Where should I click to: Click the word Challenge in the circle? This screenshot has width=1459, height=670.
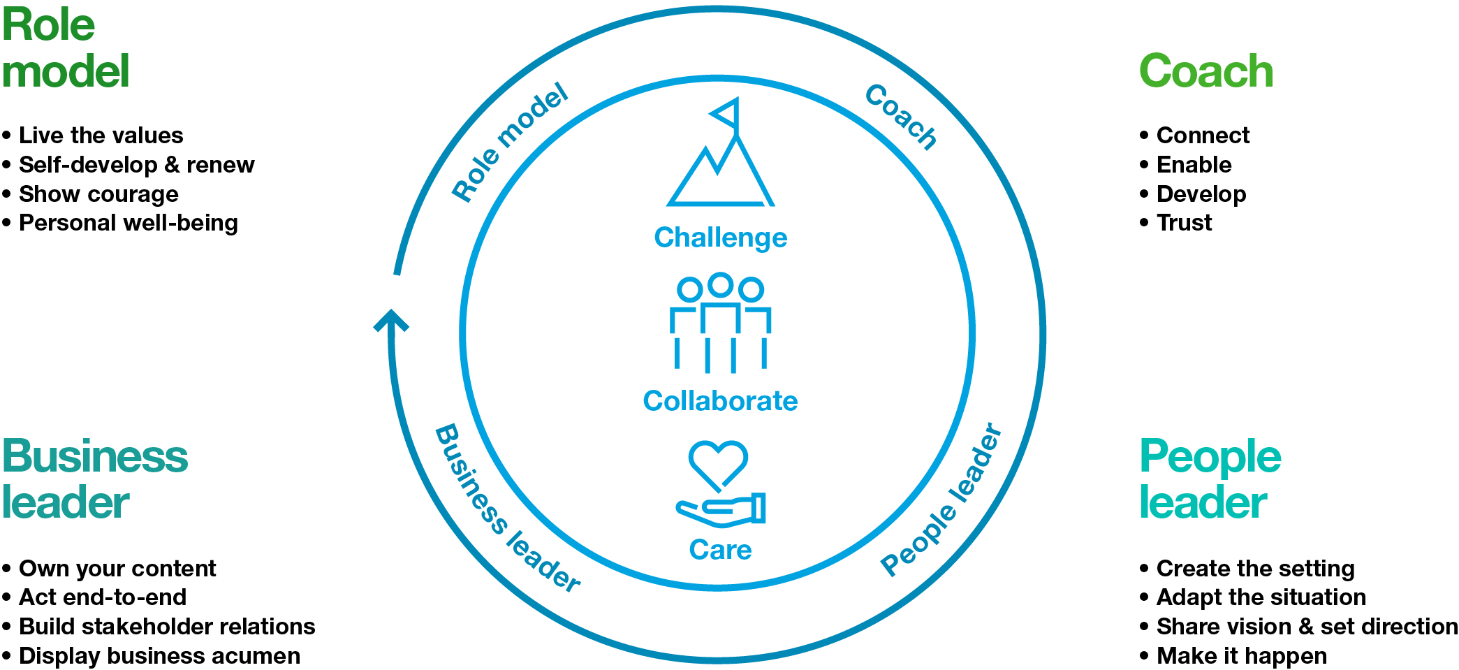[721, 238]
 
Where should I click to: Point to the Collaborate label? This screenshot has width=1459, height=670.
[720, 401]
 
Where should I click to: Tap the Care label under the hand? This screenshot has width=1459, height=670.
[720, 550]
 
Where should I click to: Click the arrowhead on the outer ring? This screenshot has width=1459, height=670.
[391, 320]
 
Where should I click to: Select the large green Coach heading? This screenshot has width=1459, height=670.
[1206, 71]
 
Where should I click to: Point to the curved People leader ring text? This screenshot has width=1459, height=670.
[941, 500]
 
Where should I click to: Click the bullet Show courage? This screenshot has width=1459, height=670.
[98, 194]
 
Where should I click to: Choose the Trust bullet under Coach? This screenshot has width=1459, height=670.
[1184, 223]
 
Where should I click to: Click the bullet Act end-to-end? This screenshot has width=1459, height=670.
[103, 597]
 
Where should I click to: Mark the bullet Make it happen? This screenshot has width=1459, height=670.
[1241, 656]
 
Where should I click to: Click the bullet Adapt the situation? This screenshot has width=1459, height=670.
[1261, 597]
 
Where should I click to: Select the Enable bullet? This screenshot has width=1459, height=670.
[1194, 165]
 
